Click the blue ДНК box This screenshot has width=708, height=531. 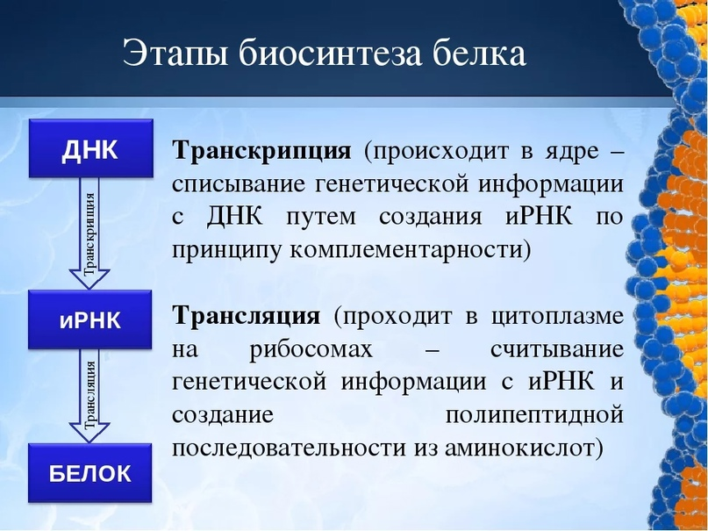[x=90, y=148]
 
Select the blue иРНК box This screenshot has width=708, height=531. [x=89, y=319]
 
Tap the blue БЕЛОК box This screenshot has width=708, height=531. [x=89, y=473]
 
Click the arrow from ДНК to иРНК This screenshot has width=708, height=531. [x=89, y=233]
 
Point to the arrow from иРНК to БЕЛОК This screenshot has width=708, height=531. [x=89, y=396]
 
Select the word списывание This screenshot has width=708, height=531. [x=238, y=185]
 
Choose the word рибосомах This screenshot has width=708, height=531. [x=311, y=349]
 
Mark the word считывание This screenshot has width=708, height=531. [x=557, y=349]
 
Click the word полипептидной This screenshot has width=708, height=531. [x=534, y=415]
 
